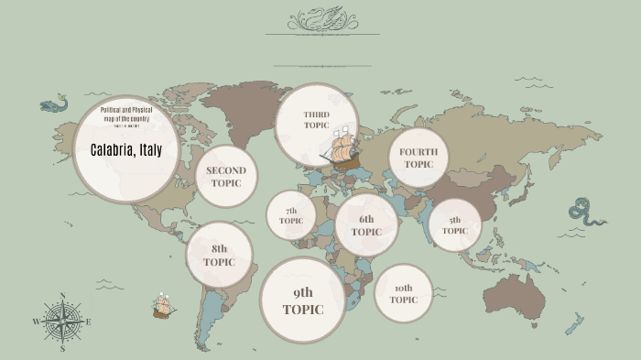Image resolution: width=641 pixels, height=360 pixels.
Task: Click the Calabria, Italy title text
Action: [x=125, y=150]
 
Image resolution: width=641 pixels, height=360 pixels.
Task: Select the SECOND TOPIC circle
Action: [x=226, y=176]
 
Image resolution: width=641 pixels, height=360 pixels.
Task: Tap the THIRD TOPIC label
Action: [x=316, y=120]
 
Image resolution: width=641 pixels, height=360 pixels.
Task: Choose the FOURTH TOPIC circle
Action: [x=418, y=158]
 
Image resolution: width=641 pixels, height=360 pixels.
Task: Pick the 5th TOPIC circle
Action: [x=455, y=225]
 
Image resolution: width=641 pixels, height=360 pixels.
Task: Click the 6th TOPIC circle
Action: [x=366, y=225]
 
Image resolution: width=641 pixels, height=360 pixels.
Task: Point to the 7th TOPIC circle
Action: [x=291, y=215]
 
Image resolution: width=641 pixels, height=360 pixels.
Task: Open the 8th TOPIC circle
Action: [x=220, y=255]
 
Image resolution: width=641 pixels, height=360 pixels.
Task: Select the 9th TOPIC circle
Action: [x=303, y=300]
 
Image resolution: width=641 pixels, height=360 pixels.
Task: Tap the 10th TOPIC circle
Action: [x=404, y=294]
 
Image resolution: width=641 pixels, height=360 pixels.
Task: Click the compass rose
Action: [x=62, y=322]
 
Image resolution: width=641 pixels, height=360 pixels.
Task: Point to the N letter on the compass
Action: [x=62, y=296]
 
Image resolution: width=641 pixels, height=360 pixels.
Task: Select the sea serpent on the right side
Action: [x=586, y=213]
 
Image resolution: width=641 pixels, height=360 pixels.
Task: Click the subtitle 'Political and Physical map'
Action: [x=125, y=115]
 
